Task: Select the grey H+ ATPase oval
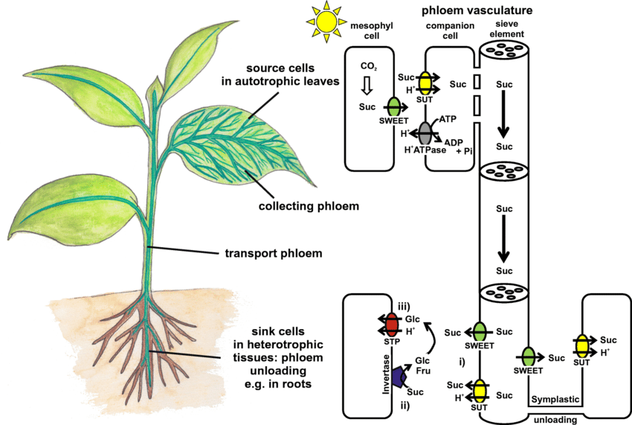425,133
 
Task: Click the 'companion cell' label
445,31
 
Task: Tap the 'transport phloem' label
273,253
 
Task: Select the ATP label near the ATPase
448,119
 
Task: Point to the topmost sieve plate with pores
503,54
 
